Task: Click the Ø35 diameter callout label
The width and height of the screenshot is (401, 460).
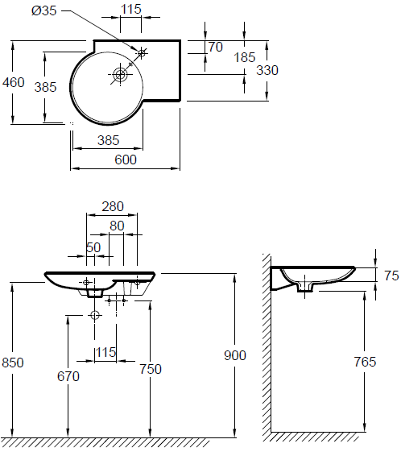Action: pyautogui.click(x=43, y=10)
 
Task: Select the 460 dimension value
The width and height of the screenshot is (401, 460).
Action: pyautogui.click(x=14, y=82)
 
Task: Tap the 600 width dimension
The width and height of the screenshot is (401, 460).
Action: pyautogui.click(x=126, y=160)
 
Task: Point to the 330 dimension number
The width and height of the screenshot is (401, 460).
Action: pyautogui.click(x=267, y=70)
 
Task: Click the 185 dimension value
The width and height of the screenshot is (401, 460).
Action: pyautogui.click(x=245, y=57)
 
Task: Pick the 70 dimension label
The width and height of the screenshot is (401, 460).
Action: pyautogui.click(x=216, y=47)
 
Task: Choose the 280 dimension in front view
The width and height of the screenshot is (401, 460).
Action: pyautogui.click(x=113, y=206)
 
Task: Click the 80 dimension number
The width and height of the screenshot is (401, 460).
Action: pyautogui.click(x=117, y=226)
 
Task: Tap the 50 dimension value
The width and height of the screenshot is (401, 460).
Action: pyautogui.click(x=93, y=247)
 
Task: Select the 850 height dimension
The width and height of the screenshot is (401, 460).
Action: pyautogui.click(x=13, y=363)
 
